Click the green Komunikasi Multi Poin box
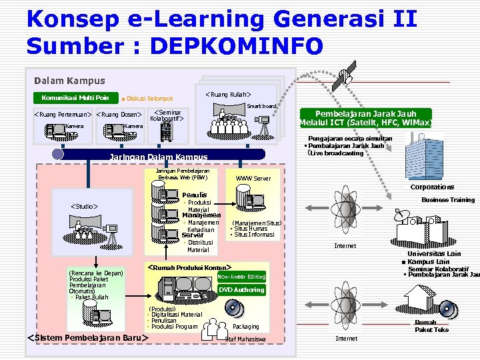point(75,97)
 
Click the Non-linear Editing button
point(241,277)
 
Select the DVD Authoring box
point(241,290)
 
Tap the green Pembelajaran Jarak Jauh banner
point(365,118)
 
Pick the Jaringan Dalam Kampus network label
point(158,157)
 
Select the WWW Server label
point(253,179)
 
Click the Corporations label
point(432,187)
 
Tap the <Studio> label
point(84,207)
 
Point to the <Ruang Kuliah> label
point(232,95)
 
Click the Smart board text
point(261,106)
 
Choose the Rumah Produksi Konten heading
point(188,267)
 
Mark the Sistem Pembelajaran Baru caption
point(87,337)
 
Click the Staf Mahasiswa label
point(245,339)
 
